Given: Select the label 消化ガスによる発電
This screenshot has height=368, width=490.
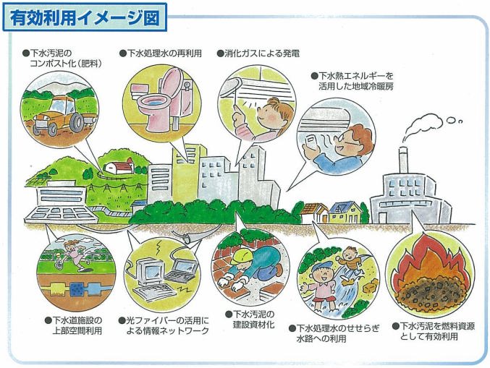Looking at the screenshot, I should tap(258, 54).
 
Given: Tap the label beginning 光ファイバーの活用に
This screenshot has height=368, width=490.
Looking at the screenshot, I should tap(168, 325).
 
